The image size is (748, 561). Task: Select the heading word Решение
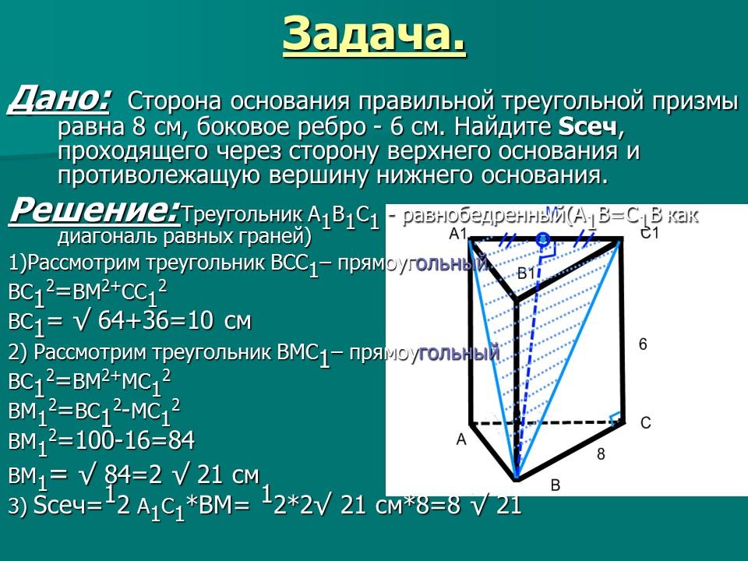[x=93, y=210]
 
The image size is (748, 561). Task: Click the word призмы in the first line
[x=689, y=101]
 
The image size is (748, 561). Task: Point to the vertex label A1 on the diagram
[x=458, y=234]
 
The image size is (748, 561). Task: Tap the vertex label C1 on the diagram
[x=650, y=233]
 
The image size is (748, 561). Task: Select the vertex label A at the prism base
[x=460, y=439]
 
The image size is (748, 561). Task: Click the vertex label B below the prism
[x=555, y=485]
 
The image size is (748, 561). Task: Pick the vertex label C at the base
[x=645, y=423]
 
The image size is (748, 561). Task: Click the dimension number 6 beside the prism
[x=642, y=344]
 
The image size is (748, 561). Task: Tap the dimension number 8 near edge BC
[x=600, y=453]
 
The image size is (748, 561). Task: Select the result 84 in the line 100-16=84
[x=178, y=441]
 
